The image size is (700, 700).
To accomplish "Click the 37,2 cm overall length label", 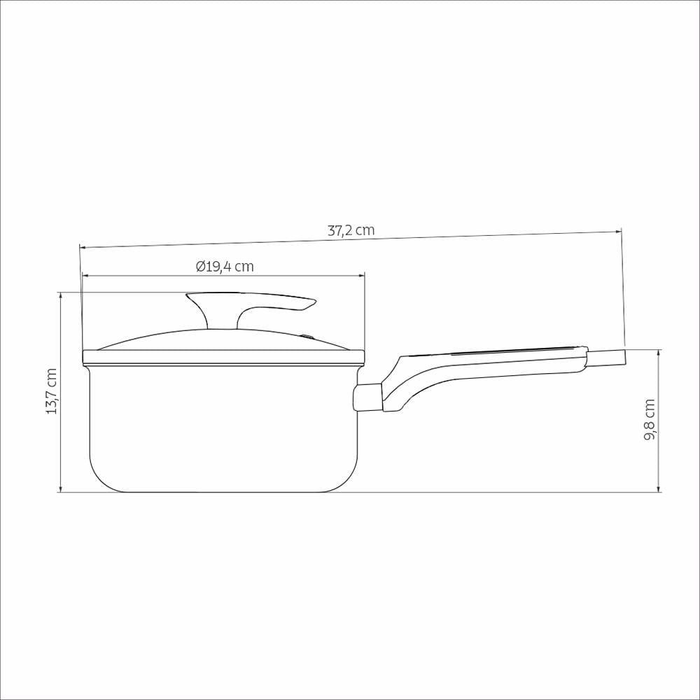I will [351, 230].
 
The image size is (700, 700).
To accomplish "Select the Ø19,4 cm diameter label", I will [225, 267].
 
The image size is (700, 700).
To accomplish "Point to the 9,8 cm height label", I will [650, 419].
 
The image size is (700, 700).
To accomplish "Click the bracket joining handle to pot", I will [367, 398].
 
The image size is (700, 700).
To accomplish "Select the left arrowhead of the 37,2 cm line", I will [83, 247].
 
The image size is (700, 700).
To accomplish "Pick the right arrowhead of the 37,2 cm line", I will [617, 231].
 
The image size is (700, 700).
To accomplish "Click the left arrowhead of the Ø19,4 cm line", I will [86, 276].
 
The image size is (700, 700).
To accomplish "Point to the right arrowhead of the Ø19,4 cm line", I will [361, 276].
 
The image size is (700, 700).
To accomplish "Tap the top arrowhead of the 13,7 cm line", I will [61, 296].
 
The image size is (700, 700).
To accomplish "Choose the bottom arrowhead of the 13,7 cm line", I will [61, 488].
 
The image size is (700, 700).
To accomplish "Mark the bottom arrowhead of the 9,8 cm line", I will [659, 488].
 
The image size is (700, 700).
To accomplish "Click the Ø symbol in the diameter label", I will [200, 267].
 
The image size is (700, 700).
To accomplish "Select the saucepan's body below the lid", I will [224, 427].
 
